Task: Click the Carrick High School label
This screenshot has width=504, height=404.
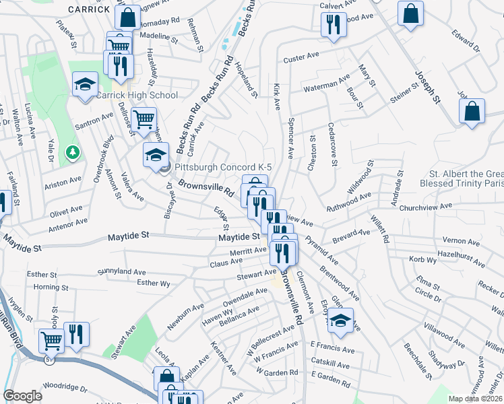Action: click(136, 96)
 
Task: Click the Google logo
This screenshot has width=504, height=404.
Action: click(22, 396)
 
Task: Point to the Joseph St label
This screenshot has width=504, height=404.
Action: click(427, 88)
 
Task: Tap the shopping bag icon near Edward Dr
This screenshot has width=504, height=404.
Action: click(410, 14)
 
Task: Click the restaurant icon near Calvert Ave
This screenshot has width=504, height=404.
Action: click(333, 26)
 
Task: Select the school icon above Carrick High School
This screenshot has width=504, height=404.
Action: click(86, 85)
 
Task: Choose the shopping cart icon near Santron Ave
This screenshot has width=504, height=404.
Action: click(144, 120)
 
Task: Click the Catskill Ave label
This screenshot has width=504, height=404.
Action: click(330, 364)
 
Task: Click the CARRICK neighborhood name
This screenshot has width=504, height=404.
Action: click(88, 9)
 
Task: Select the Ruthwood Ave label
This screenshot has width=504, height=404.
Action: click(348, 203)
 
